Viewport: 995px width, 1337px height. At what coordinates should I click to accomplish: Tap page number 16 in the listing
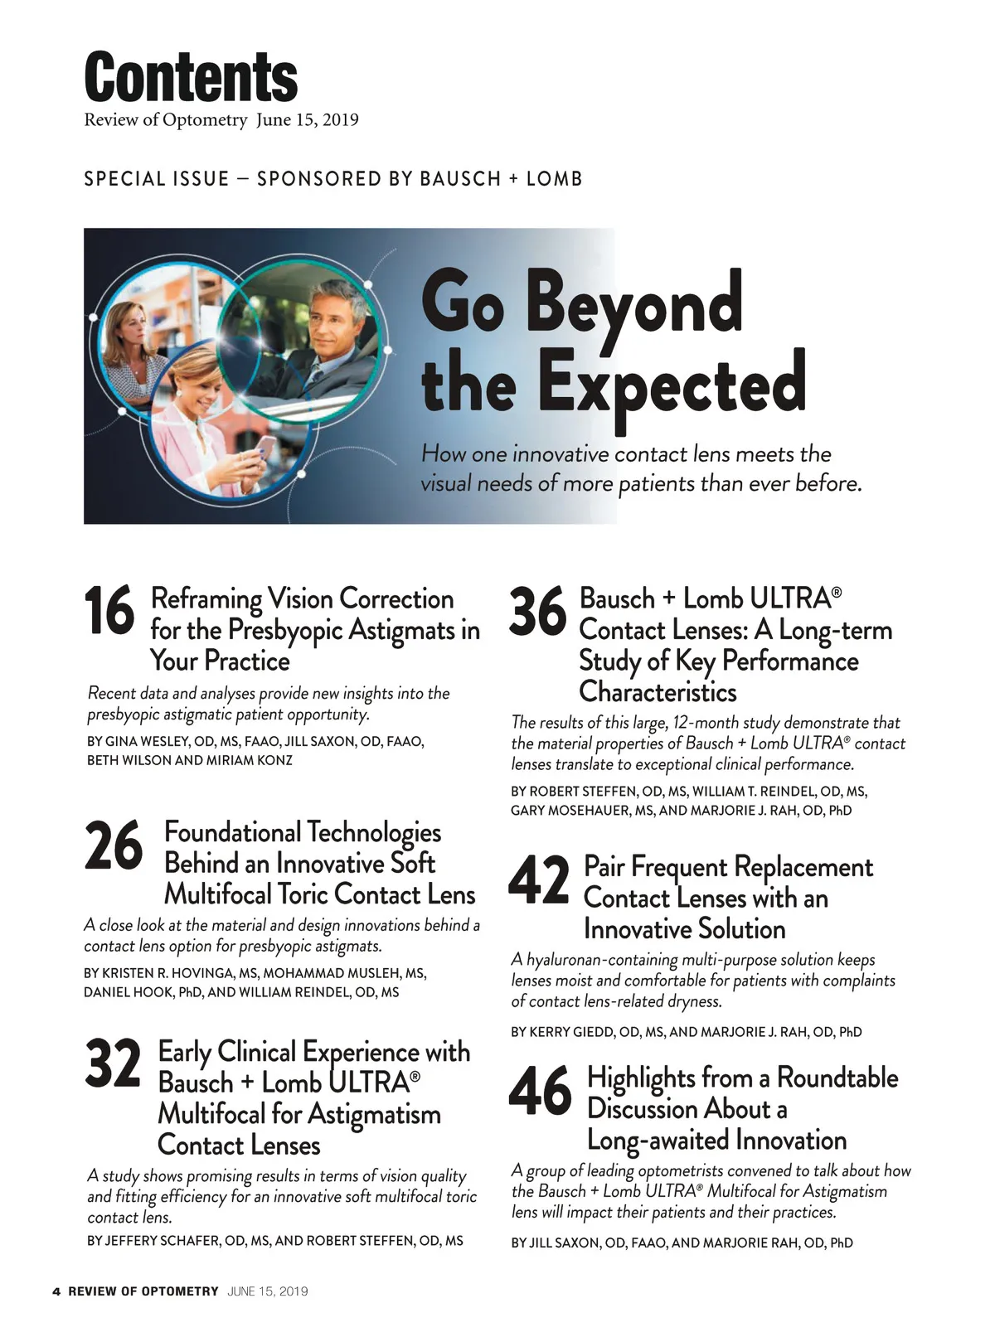109,611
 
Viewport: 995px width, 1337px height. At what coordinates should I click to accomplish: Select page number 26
114,845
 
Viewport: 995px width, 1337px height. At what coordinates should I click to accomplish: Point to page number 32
113,1064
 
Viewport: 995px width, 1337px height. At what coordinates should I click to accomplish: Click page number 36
537,613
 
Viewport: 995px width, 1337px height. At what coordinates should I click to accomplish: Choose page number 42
539,881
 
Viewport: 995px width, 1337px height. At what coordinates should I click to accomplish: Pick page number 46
540,1092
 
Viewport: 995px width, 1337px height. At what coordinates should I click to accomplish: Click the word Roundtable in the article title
837,1078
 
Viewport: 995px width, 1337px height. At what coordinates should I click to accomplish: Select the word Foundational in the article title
232,832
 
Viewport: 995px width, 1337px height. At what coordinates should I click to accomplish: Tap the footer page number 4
56,1291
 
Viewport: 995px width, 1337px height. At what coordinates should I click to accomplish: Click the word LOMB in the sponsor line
554,179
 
